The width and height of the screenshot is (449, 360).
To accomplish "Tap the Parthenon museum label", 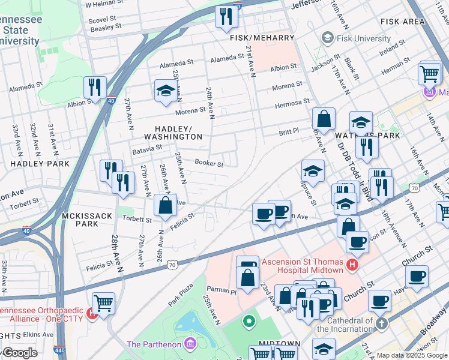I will [155, 344].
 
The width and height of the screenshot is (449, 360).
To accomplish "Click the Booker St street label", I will [209, 163].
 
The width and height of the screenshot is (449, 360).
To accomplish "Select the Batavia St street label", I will [147, 147].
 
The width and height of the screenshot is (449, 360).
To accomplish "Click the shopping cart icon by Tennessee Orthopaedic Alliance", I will [104, 304].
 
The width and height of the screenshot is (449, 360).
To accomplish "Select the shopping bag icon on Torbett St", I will [165, 206].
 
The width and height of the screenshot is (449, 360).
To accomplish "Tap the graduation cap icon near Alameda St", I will [166, 91].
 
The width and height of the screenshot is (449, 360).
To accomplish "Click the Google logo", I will [20, 353].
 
